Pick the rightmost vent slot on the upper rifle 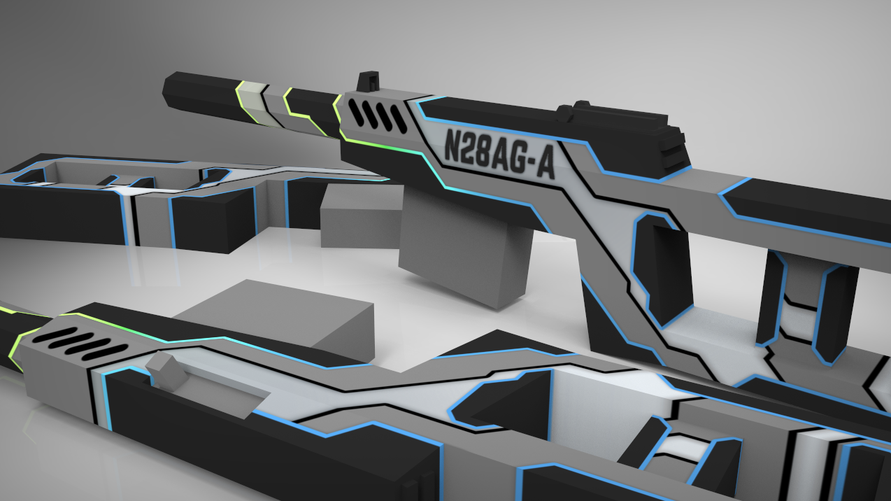397,118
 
